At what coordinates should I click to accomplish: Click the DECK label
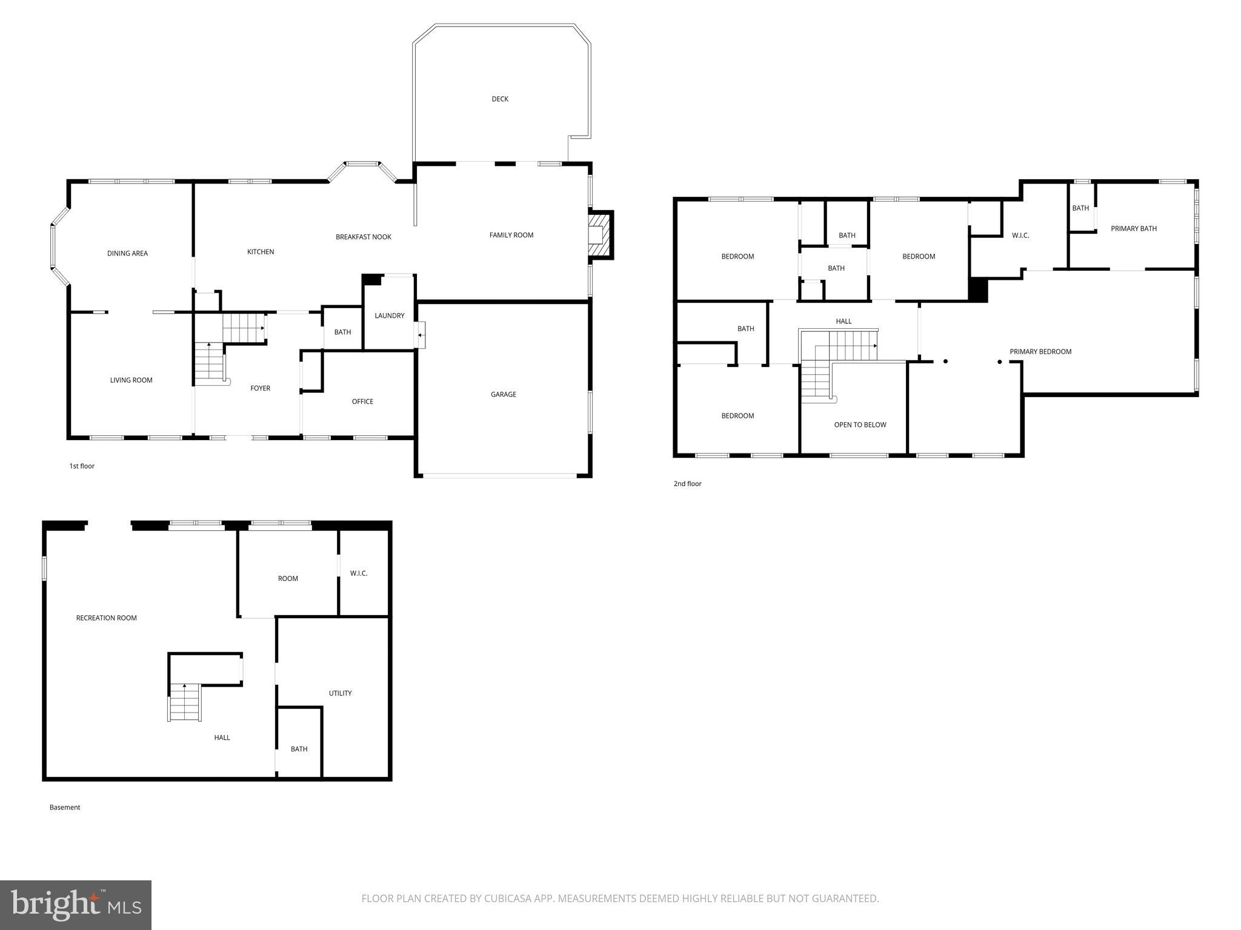pyautogui.click(x=500, y=99)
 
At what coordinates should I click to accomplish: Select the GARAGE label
pyautogui.click(x=503, y=394)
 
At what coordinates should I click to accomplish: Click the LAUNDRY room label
pyautogui.click(x=389, y=315)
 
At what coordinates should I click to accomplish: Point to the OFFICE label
pyautogui.click(x=362, y=401)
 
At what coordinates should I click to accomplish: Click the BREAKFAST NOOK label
pyautogui.click(x=364, y=237)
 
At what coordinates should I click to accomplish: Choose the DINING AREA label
pyautogui.click(x=127, y=253)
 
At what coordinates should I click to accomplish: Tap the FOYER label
pyautogui.click(x=260, y=388)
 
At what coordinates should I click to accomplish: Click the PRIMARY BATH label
pyautogui.click(x=1133, y=228)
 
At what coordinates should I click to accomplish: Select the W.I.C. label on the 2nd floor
pyautogui.click(x=1020, y=236)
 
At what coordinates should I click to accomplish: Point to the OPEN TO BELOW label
pyautogui.click(x=860, y=424)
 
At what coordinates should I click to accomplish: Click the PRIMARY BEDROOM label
pyautogui.click(x=1040, y=351)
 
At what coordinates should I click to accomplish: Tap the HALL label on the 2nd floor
pyautogui.click(x=843, y=322)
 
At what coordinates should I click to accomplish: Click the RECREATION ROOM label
pyautogui.click(x=106, y=618)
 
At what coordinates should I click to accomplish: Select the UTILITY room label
pyautogui.click(x=340, y=693)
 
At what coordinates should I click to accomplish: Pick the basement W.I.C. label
pyautogui.click(x=359, y=573)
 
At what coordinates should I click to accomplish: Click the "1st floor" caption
pyautogui.click(x=82, y=466)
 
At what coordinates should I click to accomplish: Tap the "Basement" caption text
pyautogui.click(x=65, y=807)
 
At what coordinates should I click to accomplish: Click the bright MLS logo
pyautogui.click(x=76, y=905)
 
